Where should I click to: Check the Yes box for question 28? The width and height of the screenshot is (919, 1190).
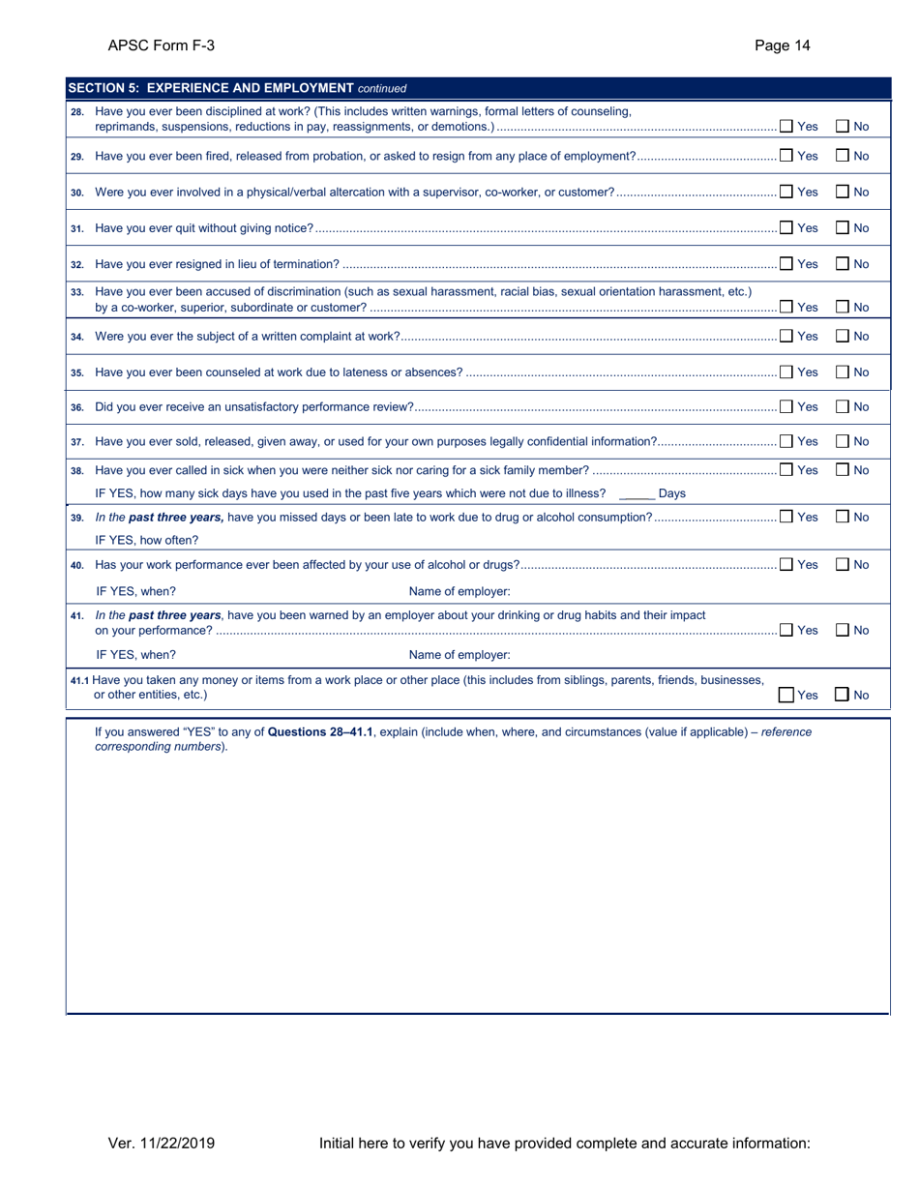tap(786, 126)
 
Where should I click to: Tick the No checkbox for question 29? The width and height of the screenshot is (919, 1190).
tap(842, 156)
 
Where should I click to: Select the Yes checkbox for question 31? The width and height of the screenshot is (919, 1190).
tap(786, 227)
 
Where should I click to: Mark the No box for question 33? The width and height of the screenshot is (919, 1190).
tap(842, 308)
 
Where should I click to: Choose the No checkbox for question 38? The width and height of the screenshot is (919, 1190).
tap(842, 470)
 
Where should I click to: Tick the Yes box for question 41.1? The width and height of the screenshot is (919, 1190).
tap(786, 695)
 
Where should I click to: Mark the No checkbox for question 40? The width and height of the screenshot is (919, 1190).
tap(842, 564)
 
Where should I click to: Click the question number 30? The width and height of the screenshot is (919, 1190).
tap(77, 193)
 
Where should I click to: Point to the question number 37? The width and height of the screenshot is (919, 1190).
tap(77, 442)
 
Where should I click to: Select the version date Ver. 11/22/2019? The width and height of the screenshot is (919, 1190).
tap(162, 1144)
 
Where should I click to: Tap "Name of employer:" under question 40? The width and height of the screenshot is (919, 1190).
tap(459, 591)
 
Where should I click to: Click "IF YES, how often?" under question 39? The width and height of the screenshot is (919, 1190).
tap(147, 540)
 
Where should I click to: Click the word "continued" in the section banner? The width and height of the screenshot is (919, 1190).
tap(382, 89)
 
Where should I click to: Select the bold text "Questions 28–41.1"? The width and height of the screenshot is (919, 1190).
tap(320, 732)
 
